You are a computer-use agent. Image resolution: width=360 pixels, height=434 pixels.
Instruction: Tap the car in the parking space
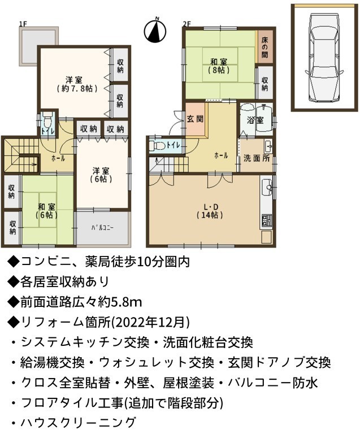tap(324, 57)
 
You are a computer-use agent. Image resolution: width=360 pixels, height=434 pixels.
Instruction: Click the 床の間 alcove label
tap(265, 47)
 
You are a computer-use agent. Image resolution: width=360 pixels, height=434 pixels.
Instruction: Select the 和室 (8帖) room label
tap(219, 66)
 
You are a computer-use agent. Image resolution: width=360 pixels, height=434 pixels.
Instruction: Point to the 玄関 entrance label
tap(195, 119)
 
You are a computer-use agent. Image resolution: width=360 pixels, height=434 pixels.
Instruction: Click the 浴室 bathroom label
tap(255, 120)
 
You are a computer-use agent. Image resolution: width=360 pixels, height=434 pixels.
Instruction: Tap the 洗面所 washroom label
tap(257, 158)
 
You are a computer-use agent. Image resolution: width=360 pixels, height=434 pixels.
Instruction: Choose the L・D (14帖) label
tap(211, 211)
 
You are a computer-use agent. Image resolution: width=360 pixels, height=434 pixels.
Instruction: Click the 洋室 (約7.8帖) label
tap(74, 84)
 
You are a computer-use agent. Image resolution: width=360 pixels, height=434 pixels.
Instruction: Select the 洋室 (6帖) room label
tap(101, 175)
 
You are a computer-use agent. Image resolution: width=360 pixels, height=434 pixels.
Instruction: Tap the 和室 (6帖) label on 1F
tap(47, 211)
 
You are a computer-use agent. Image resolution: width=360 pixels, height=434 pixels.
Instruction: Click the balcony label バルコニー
tap(103, 228)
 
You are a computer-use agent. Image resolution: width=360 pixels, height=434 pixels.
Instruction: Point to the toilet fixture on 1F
tap(47, 120)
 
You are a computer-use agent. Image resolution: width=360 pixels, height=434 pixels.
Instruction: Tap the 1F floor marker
tap(23, 24)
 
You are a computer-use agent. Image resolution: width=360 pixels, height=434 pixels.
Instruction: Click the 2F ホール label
tap(222, 156)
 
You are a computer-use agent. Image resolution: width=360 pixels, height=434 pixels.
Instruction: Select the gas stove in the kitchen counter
tap(266, 220)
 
